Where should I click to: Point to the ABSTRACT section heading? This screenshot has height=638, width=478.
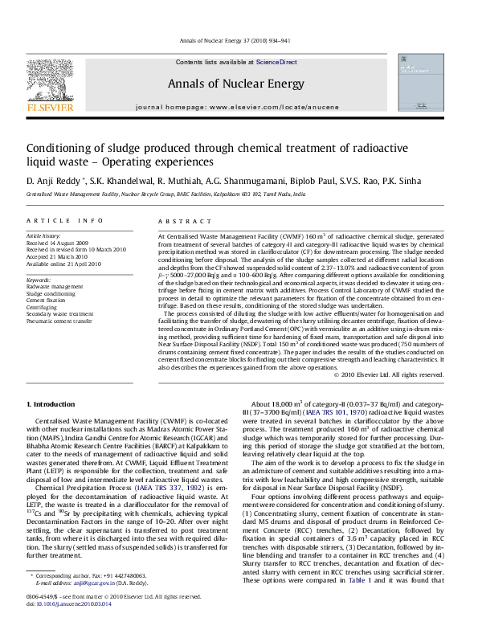coord(177,219)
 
